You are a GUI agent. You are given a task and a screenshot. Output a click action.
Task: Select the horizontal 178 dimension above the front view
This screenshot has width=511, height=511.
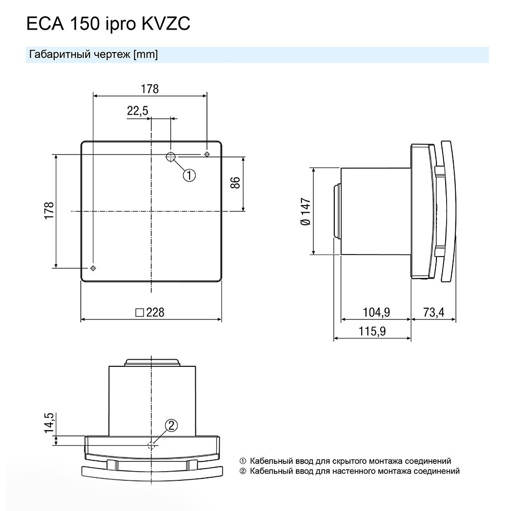click(149, 88)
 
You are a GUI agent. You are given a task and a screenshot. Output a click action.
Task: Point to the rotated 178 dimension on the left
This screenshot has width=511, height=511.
click(49, 211)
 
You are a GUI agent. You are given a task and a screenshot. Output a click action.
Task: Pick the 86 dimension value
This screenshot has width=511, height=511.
click(235, 182)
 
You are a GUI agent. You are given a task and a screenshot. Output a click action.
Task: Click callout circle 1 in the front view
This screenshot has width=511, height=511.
click(189, 175)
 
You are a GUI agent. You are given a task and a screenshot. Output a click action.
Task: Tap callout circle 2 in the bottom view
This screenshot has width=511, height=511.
click(172, 425)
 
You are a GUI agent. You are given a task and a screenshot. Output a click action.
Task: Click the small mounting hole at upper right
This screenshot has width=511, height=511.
click(206, 154)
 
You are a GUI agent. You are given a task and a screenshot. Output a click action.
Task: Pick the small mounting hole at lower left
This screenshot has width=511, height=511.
click(92, 268)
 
